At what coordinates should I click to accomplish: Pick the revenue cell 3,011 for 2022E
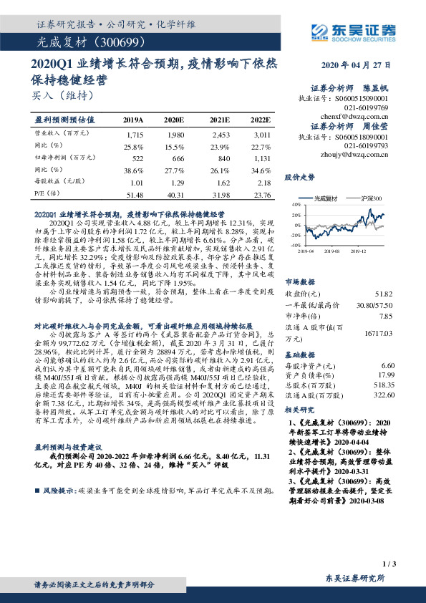click(261, 134)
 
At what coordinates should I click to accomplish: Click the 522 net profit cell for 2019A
click(135, 157)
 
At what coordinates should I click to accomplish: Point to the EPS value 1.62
click(221, 182)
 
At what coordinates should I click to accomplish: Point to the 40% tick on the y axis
click(295, 205)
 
